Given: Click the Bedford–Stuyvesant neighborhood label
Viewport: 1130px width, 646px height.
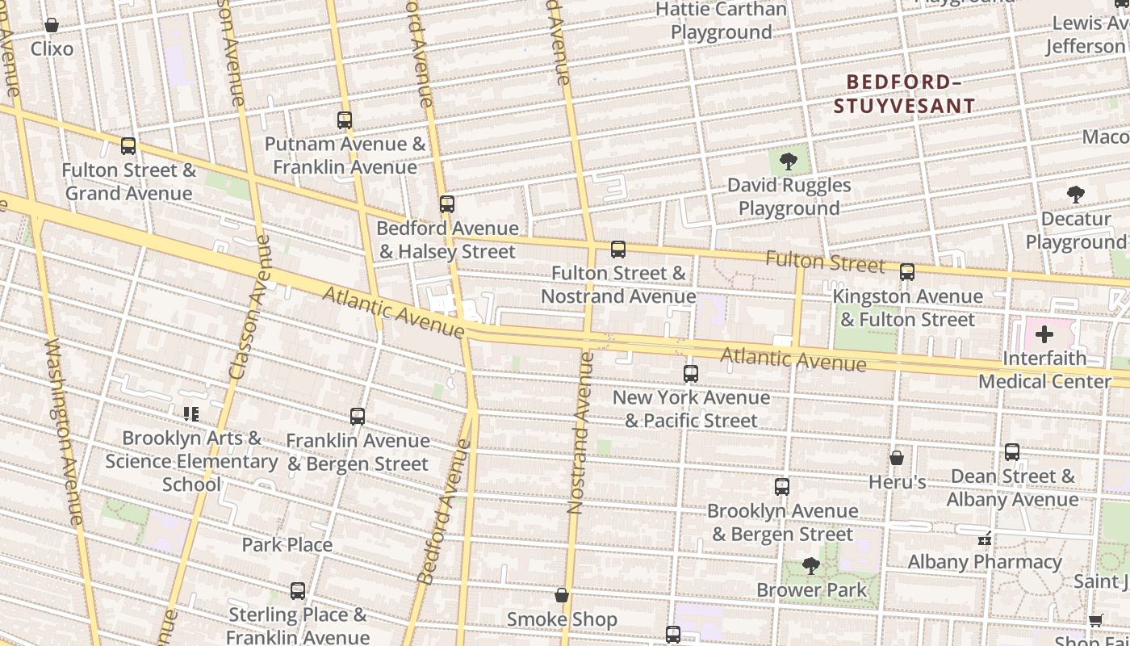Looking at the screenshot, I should pyautogui.click(x=904, y=94).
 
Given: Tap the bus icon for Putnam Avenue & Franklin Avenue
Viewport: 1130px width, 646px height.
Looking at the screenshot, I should pyautogui.click(x=345, y=120).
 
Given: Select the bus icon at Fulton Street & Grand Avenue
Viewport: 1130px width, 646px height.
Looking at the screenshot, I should pyautogui.click(x=128, y=146).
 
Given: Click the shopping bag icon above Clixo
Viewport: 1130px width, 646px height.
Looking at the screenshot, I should pyautogui.click(x=52, y=26).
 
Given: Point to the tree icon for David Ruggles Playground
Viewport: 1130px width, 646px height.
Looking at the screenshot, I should pyautogui.click(x=789, y=161).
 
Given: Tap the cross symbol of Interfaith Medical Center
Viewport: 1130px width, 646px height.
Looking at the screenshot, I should pyautogui.click(x=1044, y=334).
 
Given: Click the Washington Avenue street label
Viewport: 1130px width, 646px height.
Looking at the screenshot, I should pyautogui.click(x=64, y=432).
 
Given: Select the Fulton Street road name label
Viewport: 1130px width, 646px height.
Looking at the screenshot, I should pyautogui.click(x=825, y=262).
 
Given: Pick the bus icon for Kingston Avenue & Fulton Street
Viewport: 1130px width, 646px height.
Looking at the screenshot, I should pyautogui.click(x=907, y=272).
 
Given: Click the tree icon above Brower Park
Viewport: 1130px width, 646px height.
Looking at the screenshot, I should pyautogui.click(x=811, y=566).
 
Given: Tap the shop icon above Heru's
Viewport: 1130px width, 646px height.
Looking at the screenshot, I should pyautogui.click(x=896, y=459).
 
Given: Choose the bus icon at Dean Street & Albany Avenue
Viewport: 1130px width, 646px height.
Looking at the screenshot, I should pyautogui.click(x=1012, y=452).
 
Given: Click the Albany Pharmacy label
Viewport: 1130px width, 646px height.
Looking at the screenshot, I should pyautogui.click(x=984, y=561).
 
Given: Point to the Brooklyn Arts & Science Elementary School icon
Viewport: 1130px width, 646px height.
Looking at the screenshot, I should pyautogui.click(x=191, y=414).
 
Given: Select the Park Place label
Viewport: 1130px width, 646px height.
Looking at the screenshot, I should pyautogui.click(x=287, y=545).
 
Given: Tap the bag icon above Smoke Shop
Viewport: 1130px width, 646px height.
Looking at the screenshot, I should pyautogui.click(x=562, y=596).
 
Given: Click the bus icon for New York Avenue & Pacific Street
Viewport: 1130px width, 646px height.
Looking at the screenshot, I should pyautogui.click(x=691, y=374).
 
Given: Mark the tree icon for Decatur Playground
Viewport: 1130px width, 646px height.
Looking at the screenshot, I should pyautogui.click(x=1075, y=195).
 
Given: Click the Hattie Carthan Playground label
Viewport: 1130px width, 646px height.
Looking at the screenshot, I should pyautogui.click(x=721, y=21).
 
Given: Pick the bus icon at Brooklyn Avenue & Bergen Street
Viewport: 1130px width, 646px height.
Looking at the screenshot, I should pyautogui.click(x=781, y=487).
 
